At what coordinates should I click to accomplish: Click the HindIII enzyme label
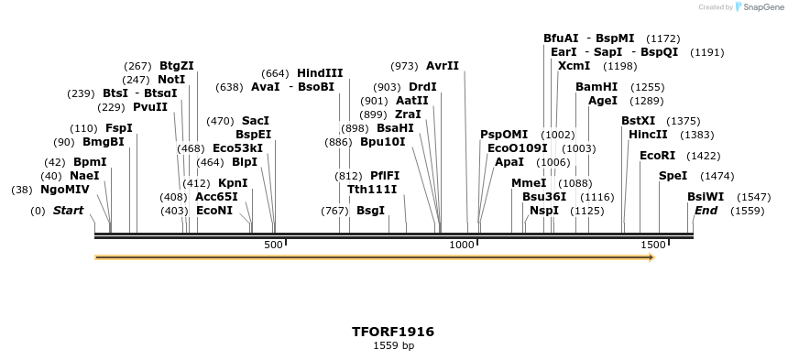320,73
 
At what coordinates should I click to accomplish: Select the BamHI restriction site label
596,86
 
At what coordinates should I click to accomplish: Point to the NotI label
171,80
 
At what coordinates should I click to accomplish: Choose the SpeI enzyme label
672,176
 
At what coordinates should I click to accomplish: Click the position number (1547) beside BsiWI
753,197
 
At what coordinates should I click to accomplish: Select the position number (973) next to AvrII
404,66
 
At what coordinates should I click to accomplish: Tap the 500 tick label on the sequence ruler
274,245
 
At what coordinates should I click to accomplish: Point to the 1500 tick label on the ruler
652,245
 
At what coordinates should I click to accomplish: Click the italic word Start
69,211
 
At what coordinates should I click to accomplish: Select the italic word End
706,211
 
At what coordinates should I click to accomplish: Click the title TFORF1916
393,332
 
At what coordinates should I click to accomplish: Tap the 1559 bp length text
393,346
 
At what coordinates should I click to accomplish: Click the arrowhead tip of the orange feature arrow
652,258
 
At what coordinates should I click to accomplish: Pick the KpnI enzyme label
233,183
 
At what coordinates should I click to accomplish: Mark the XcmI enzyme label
574,66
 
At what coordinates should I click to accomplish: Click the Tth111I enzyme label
372,190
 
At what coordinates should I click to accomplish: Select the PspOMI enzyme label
504,135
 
